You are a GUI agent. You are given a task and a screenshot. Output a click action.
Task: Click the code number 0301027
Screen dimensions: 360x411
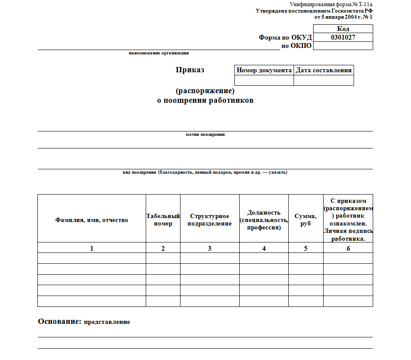(343, 37)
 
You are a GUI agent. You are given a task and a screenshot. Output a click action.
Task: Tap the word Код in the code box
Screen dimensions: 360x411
(343, 29)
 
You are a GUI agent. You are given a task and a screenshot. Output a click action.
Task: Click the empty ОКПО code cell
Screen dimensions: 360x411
(343, 46)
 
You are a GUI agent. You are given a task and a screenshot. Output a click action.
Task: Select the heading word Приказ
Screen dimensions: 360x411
(190, 70)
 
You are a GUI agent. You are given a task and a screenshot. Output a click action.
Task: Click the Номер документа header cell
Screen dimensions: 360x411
(264, 70)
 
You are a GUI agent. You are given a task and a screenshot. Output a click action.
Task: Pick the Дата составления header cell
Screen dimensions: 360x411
(324, 70)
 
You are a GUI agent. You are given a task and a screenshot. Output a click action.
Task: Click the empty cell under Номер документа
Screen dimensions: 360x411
(264, 81)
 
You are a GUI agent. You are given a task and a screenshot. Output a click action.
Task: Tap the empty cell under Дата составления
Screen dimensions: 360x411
(324, 81)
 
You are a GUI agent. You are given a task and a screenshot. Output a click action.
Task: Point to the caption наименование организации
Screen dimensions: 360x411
(159, 53)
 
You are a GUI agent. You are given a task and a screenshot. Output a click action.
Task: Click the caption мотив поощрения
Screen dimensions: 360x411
(205, 135)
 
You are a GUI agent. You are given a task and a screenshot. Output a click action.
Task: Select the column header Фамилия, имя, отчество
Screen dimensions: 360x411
(92, 220)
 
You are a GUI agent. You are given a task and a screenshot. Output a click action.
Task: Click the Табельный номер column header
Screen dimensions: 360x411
(163, 220)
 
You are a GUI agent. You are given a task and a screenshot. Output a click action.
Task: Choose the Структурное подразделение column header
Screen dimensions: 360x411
(210, 220)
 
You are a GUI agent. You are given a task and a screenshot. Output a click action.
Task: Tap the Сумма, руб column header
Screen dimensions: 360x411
(306, 220)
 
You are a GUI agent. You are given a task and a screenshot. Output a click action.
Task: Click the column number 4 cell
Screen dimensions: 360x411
(264, 248)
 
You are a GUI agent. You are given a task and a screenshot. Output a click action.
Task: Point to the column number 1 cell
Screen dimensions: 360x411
(92, 248)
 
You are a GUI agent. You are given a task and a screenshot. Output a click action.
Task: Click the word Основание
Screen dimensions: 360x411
(60, 322)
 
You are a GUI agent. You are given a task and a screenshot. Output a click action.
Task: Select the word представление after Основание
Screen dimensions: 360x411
(107, 322)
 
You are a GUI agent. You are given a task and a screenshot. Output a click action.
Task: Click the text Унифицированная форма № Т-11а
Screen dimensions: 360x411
(331, 4)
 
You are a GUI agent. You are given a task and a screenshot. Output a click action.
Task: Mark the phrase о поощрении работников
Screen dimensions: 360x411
(205, 101)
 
